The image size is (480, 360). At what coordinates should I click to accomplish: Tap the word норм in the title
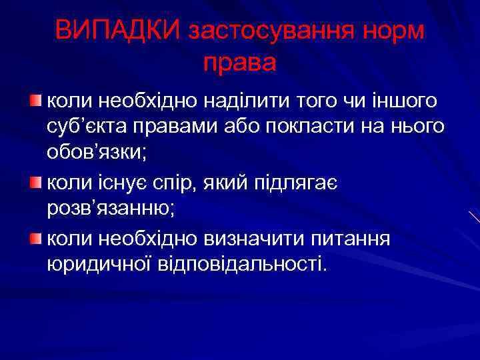[391, 31]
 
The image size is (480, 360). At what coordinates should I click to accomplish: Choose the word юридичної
[101, 263]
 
